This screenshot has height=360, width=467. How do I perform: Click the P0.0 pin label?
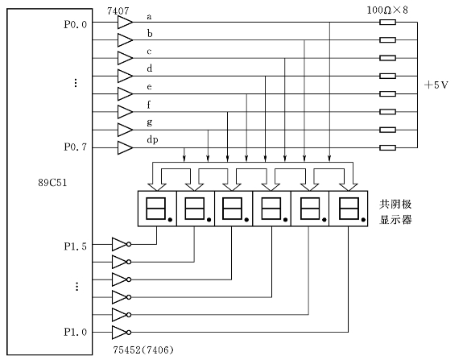[x=75, y=24]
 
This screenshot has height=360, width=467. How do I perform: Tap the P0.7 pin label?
[x=75, y=147]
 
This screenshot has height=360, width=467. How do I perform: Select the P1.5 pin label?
[x=75, y=246]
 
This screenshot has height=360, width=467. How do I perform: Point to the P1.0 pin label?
[x=75, y=332]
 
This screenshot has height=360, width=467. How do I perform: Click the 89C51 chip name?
[x=52, y=182]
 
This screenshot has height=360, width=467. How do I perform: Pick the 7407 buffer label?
[x=118, y=11]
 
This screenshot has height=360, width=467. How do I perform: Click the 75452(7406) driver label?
[x=143, y=350]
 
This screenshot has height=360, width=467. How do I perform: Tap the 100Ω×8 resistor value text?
[x=387, y=10]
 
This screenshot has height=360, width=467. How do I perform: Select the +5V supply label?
[x=436, y=85]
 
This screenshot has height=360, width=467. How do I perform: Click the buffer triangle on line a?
[x=125, y=23]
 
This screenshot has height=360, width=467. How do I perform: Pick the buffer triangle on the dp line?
[x=125, y=148]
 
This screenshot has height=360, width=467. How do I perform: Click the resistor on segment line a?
[x=387, y=22]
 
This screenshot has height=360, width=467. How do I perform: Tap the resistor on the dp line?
[x=387, y=147]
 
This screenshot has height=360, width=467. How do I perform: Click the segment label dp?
[x=152, y=140]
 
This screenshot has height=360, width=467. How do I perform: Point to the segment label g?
[x=150, y=122]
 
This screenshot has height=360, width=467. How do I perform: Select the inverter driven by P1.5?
[x=121, y=244]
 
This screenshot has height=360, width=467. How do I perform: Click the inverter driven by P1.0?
[x=121, y=333]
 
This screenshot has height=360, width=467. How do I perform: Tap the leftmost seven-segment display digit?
[x=157, y=209]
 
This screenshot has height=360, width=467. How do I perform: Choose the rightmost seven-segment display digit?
[x=349, y=209]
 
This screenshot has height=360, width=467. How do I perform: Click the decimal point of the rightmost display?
[x=363, y=220]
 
